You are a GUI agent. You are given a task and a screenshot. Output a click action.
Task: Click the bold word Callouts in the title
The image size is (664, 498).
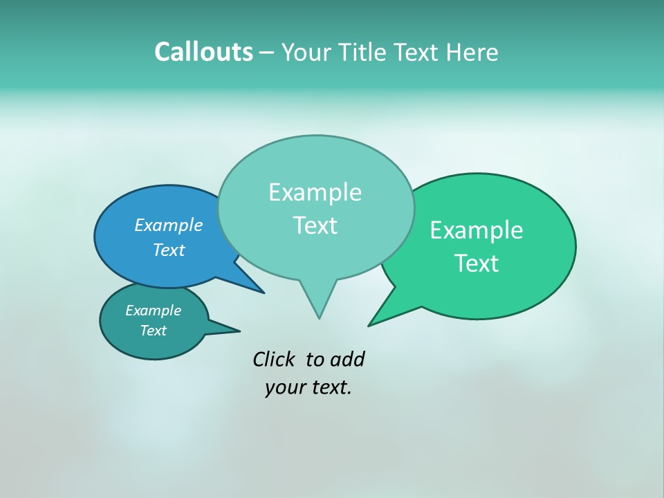pyautogui.click(x=203, y=52)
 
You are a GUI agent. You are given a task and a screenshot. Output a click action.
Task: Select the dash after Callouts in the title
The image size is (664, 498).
pyautogui.click(x=266, y=53)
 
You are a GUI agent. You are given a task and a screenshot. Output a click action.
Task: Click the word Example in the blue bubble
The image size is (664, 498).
pyautogui.click(x=169, y=225)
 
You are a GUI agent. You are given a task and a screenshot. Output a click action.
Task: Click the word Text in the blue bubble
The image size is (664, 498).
pyautogui.click(x=169, y=250)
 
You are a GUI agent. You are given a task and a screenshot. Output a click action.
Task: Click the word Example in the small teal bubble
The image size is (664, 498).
pyautogui.click(x=153, y=311)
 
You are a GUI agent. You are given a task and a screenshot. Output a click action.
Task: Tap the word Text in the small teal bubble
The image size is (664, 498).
pyautogui.click(x=153, y=331)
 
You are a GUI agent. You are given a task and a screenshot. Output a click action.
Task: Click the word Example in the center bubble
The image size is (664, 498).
pyautogui.click(x=315, y=192)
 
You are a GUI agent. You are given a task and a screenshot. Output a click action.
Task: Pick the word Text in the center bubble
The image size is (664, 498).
pyautogui.click(x=315, y=225)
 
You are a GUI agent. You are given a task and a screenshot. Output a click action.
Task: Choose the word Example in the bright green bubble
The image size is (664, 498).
pyautogui.click(x=477, y=230)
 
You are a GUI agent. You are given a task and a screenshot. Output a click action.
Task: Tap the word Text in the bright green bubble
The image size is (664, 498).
pyautogui.click(x=477, y=264)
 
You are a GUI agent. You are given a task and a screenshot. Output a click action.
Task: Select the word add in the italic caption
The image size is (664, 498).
pyautogui.click(x=347, y=359)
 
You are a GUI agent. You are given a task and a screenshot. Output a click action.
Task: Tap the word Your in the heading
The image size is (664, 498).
pyautogui.click(x=308, y=53)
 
